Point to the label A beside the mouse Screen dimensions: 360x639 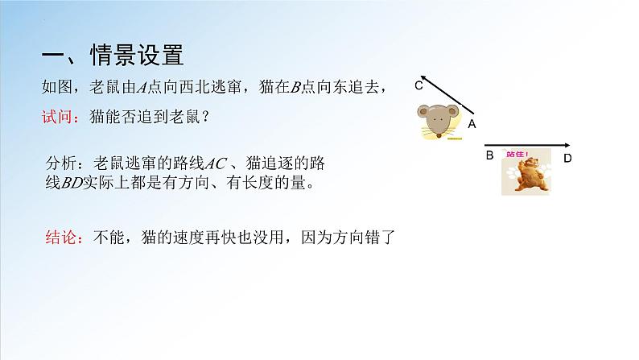(472, 124)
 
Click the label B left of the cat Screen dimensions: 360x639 (489, 155)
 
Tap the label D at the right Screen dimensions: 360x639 (567, 159)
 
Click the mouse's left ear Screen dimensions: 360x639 (423, 111)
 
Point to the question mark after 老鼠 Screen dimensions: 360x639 (205, 116)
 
